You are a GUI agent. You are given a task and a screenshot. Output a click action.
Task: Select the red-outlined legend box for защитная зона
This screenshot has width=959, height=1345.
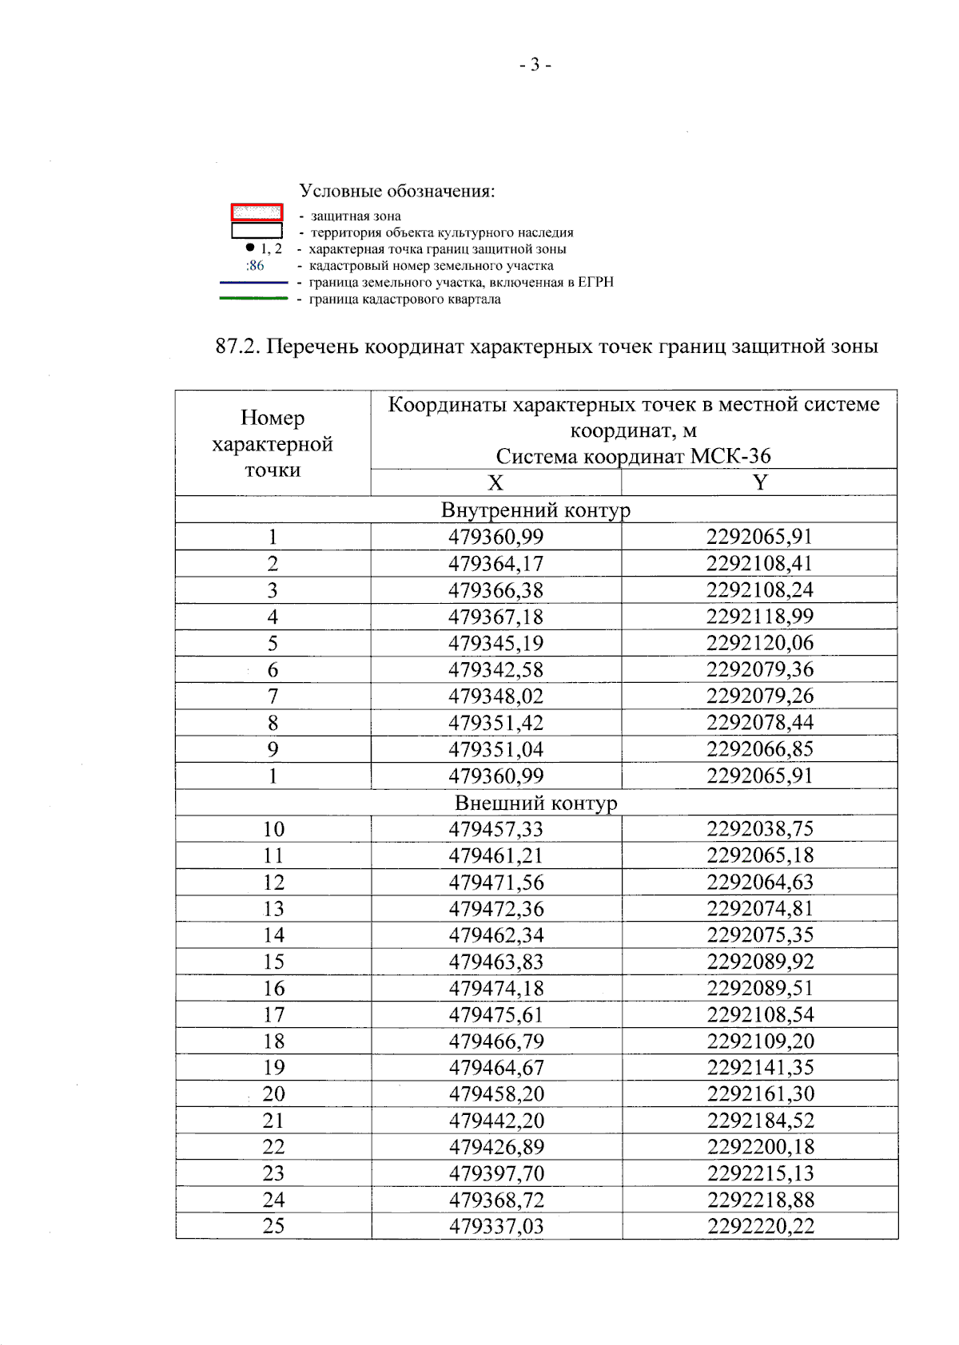pos(257,212)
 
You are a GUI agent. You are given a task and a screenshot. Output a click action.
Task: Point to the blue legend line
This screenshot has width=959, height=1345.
pos(253,283)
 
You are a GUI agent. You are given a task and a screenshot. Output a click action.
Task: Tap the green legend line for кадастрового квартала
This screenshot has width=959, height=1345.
pos(253,299)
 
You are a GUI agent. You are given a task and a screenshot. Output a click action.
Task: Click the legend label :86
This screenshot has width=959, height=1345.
pos(255,266)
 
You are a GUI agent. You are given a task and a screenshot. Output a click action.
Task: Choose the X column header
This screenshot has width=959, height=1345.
pos(495,483)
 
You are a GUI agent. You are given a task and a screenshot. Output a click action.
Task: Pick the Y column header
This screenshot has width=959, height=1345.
pos(759,482)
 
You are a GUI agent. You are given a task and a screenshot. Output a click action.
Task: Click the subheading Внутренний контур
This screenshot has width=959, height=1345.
pos(535,510)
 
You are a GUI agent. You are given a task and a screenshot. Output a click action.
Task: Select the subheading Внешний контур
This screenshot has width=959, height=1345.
pos(535,803)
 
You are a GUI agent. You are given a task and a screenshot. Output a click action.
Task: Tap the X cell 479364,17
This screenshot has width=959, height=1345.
pos(495,564)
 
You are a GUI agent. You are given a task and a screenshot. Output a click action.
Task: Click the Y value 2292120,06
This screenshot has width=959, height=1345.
pos(759,643)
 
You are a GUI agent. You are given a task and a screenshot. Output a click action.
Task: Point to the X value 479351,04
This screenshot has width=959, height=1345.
pos(495,749)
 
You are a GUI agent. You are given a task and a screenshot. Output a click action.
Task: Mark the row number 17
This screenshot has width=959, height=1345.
pos(273,1015)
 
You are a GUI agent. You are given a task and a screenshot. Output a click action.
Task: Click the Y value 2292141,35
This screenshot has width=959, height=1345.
pos(760,1068)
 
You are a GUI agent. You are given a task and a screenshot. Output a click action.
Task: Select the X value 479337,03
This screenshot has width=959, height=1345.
pos(495,1226)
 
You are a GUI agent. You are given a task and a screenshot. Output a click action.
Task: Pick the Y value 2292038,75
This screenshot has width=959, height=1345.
pos(759,829)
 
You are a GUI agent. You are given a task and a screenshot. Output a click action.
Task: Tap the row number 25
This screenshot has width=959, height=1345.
pos(273,1226)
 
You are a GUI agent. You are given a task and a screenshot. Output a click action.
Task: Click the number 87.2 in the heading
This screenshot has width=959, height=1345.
pos(237,347)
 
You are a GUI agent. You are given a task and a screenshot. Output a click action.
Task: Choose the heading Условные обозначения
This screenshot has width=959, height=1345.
pos(397,192)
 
